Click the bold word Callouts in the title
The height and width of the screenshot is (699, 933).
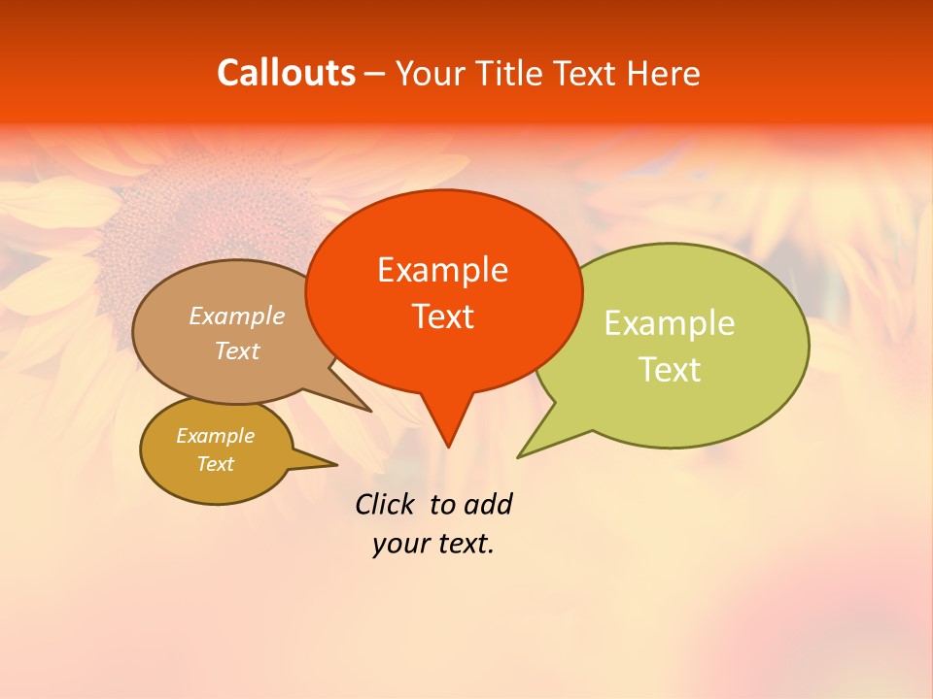[x=286, y=73]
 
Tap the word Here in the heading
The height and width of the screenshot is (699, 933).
[x=664, y=73]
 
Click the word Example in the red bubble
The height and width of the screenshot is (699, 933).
[x=442, y=270]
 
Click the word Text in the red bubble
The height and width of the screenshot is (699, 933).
[x=442, y=316]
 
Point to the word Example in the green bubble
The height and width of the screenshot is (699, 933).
[x=670, y=323]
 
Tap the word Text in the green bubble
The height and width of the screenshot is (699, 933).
[x=670, y=370]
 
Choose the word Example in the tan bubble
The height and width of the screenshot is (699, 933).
[x=237, y=316]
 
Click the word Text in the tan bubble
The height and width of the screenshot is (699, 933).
[x=237, y=351]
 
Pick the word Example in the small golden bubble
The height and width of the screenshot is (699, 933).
[x=215, y=436]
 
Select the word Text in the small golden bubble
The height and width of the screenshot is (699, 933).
[x=215, y=464]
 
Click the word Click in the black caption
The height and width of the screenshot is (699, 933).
[x=388, y=504]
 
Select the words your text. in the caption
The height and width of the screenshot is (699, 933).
[x=433, y=544]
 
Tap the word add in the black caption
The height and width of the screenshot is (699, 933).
[x=487, y=504]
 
